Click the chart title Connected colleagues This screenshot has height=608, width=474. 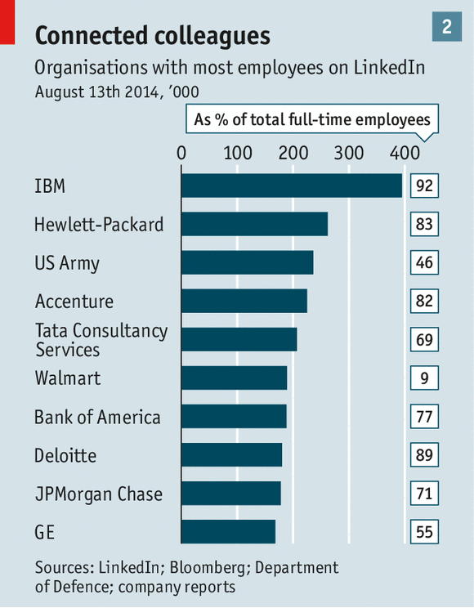click(152, 35)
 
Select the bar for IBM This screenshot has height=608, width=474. click(291, 186)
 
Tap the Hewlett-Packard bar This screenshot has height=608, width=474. click(254, 224)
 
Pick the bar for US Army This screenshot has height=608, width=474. click(247, 262)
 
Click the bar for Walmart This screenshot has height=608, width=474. click(234, 378)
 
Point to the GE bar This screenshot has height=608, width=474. click(228, 532)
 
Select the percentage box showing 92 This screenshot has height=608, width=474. click(423, 186)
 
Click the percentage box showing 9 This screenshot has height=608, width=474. click(423, 378)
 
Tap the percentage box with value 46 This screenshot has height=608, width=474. click(423, 262)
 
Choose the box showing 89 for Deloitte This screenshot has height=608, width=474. click(423, 455)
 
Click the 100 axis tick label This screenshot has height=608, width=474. click(237, 152)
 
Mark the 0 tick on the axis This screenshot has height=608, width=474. click(181, 152)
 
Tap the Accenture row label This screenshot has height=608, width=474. click(74, 302)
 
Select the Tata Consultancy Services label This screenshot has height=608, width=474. click(101, 340)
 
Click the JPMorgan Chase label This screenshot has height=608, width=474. click(98, 494)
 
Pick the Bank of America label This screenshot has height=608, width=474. click(97, 418)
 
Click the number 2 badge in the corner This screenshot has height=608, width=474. click(447, 26)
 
